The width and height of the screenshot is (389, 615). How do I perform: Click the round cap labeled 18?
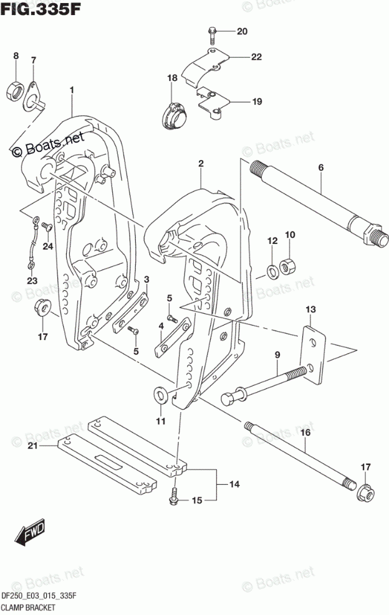[174, 116]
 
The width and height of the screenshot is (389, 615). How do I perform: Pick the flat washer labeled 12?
[272, 270]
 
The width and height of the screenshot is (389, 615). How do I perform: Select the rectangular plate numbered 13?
[314, 357]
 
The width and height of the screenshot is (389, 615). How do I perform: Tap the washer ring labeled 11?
[160, 395]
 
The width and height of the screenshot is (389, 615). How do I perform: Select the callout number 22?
[256, 57]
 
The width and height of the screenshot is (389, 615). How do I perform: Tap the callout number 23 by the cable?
[32, 280]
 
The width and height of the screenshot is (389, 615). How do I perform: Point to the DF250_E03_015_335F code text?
[39, 595]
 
